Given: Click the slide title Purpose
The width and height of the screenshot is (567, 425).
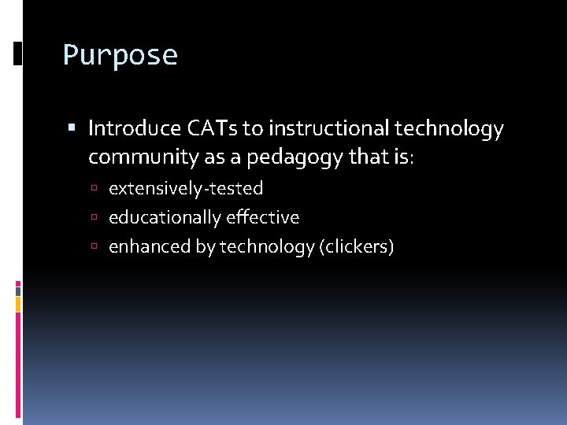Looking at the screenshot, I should [x=120, y=56].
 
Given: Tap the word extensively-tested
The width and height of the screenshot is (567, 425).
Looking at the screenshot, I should [x=186, y=189].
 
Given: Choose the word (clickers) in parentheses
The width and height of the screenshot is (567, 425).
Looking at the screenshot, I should [x=357, y=246].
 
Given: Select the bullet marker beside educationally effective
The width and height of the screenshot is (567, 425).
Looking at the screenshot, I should [x=94, y=218].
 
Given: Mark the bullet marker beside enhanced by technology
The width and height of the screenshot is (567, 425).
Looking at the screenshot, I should [x=94, y=247].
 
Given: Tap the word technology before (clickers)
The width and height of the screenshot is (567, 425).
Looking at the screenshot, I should [x=267, y=246].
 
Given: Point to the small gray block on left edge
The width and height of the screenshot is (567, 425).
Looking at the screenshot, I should [x=18, y=290].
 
